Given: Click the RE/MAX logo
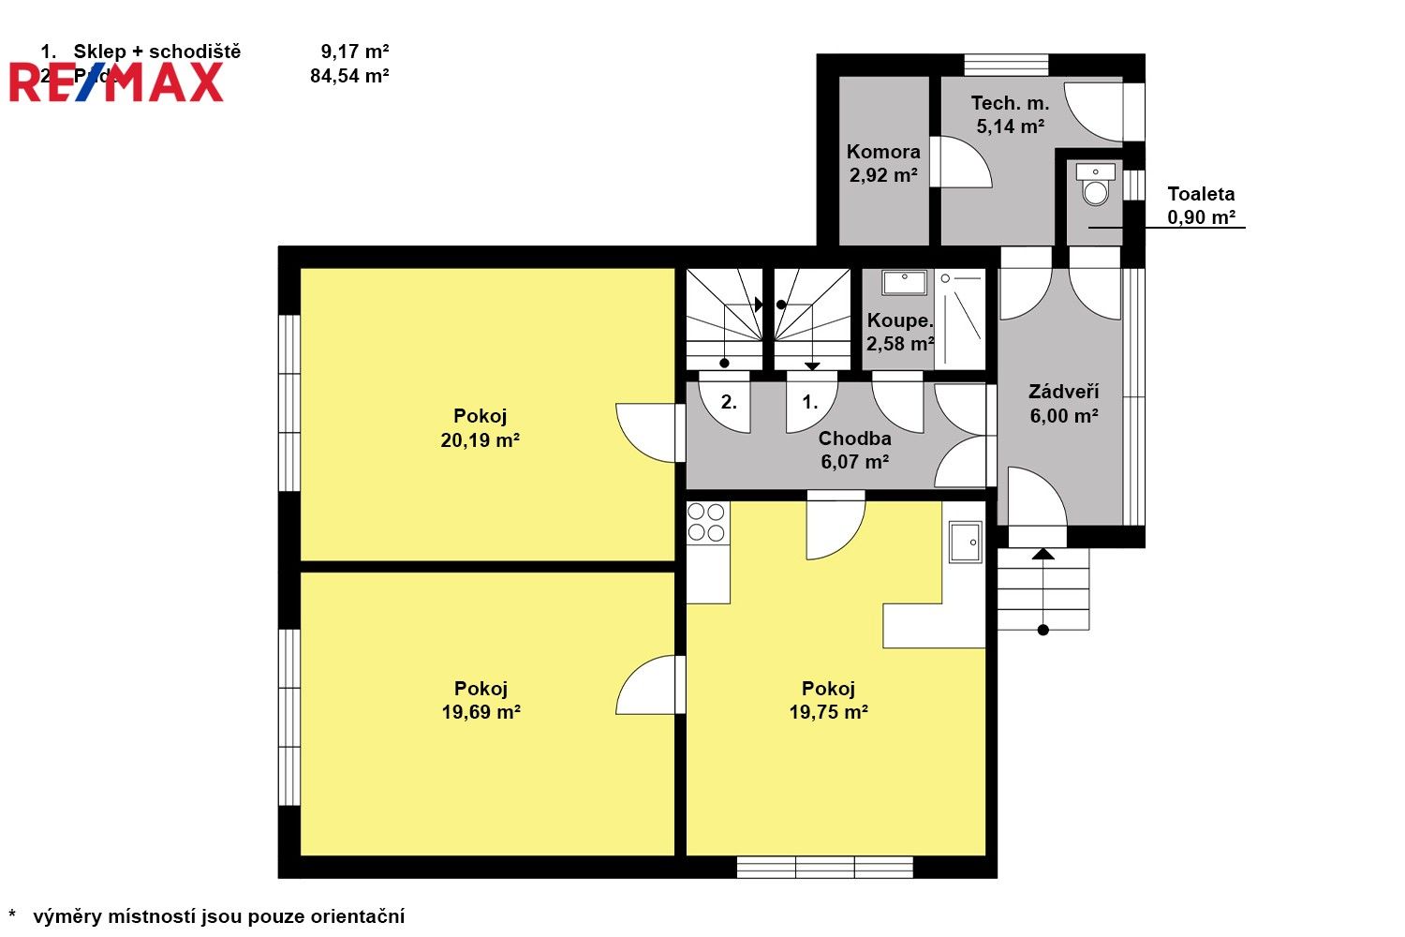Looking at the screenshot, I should click(x=117, y=82).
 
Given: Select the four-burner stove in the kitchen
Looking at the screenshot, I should click(x=706, y=522).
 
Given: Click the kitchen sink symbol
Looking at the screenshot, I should click(x=965, y=542).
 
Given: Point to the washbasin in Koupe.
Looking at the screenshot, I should click(x=904, y=282).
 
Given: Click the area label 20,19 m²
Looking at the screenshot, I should click(x=480, y=440).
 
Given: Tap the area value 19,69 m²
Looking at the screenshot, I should click(x=481, y=712).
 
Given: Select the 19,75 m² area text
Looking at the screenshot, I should click(x=828, y=712).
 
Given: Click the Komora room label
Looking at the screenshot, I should click(x=883, y=152).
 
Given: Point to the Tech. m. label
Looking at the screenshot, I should click(x=1010, y=104).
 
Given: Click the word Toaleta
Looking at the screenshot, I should click(x=1201, y=195).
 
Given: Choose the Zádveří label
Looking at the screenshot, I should click(x=1063, y=393).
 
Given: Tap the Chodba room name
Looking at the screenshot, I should click(x=854, y=439).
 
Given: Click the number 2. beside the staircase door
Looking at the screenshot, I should click(x=729, y=403).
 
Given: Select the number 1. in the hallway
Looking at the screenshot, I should click(x=810, y=403).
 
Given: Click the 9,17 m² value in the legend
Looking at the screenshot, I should click(x=354, y=52).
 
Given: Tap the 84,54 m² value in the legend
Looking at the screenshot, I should click(x=349, y=76).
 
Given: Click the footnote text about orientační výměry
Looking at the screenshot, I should click(x=218, y=916).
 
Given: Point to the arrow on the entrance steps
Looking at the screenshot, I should click(x=1043, y=554).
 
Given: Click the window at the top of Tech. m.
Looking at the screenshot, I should click(x=1006, y=65).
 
